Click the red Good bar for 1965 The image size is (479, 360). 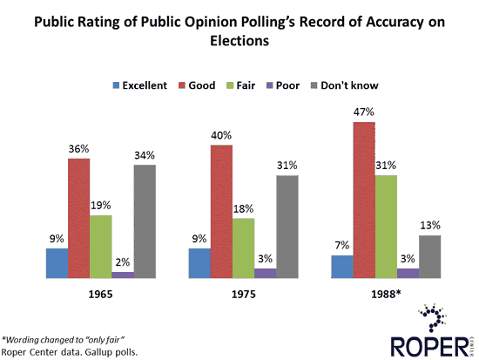pos(79,218)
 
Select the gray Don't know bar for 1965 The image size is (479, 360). pos(145,221)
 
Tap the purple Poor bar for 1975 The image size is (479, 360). pos(266,273)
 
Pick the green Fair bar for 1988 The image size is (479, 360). pos(387,227)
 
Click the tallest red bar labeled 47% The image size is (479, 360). pos(365,200)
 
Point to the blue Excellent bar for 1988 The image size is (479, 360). pos(342,267)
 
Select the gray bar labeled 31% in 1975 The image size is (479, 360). pos(288,227)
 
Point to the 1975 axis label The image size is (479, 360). pos(245,295)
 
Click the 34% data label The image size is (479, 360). pos(145,156)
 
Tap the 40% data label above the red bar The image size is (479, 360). pos(221,136)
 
